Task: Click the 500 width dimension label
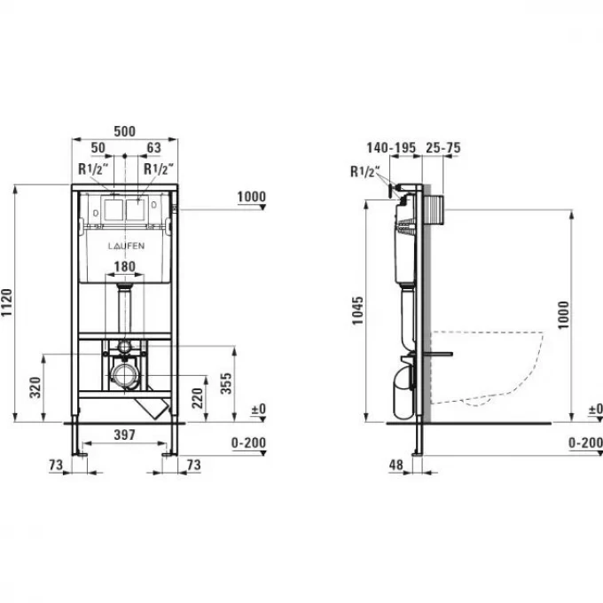click(125, 131)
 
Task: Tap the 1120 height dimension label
click(7, 302)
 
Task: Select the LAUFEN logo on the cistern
click(126, 247)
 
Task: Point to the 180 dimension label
click(125, 267)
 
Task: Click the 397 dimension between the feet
click(125, 435)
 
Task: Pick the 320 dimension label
click(35, 388)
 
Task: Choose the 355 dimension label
click(226, 383)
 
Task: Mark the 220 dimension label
click(197, 398)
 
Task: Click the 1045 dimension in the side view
click(357, 310)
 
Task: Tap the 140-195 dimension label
click(391, 148)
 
